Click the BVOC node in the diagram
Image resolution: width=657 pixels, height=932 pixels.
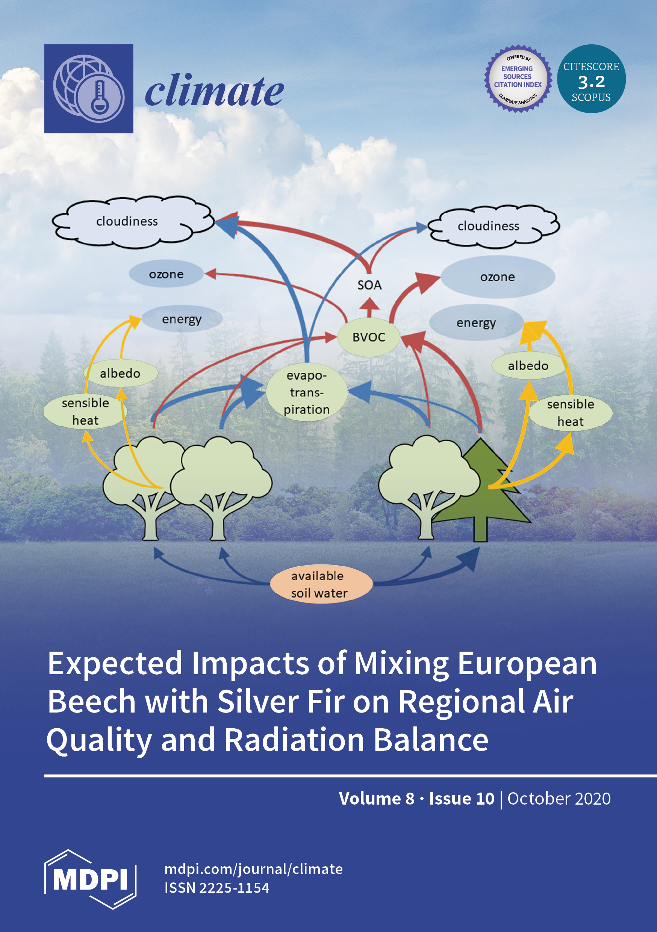pos(369,337)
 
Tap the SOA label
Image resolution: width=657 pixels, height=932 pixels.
pos(369,285)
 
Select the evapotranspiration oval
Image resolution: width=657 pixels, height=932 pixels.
pos(307,392)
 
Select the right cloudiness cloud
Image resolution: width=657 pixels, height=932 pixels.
pos(494,226)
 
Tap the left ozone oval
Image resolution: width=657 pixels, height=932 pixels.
pos(166,274)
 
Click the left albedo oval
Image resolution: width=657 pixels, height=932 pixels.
pos(121,373)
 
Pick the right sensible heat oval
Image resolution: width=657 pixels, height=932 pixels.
pos(571,413)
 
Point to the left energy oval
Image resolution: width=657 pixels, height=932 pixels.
pos(182,319)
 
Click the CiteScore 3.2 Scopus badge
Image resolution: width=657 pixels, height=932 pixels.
pos(591,79)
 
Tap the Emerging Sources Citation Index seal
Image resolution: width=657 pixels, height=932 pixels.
pos(518,79)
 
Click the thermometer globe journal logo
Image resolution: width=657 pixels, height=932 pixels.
pos(89,88)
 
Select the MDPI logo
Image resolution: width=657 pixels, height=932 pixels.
pos(90,879)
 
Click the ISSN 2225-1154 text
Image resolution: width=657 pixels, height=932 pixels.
pos(217,888)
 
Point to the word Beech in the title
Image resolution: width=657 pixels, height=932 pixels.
pos(91,701)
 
